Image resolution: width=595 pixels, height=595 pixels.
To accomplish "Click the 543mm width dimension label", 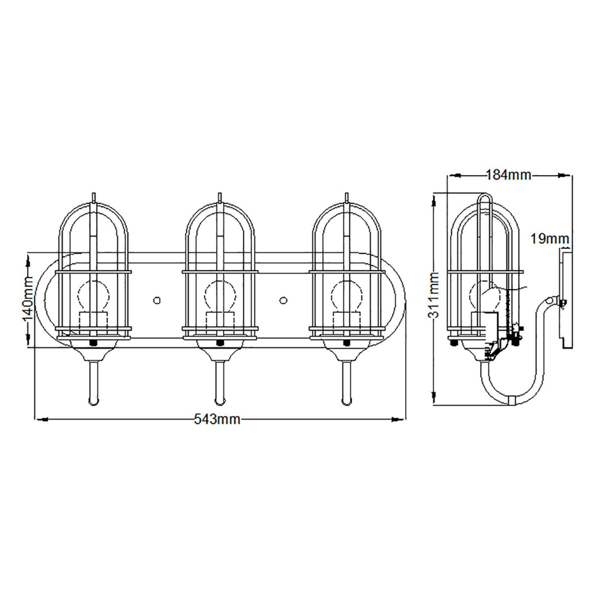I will [217, 419].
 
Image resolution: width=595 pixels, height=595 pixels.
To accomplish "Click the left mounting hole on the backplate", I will [157, 300].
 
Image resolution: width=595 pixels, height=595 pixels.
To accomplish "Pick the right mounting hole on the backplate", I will [283, 300].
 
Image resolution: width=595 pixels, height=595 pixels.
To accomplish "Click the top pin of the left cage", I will [93, 197].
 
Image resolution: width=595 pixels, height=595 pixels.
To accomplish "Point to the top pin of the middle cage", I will [219, 197].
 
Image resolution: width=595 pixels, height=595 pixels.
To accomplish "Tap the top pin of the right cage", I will [347, 197].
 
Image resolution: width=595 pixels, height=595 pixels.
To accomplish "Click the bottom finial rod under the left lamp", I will [93, 382].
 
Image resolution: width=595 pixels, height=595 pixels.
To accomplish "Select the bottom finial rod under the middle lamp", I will [219, 382].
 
